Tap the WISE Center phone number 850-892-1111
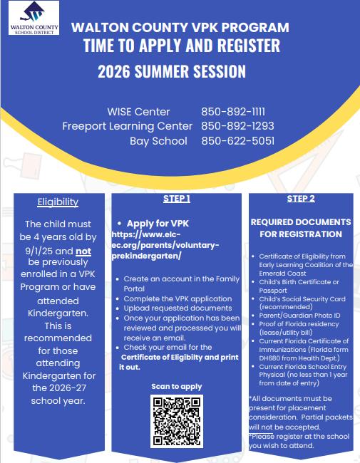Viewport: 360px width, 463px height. coord(233,112)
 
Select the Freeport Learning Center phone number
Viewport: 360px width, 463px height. coord(237,126)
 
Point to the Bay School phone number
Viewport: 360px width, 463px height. coord(237,141)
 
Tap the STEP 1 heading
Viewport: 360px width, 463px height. coord(176,199)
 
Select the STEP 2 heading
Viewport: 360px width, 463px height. coord(301,199)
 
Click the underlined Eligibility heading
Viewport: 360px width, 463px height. coord(58,202)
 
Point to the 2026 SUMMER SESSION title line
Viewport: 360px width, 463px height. coord(172,72)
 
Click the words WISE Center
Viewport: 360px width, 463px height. coord(138,112)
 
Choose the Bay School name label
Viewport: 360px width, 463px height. coord(158,141)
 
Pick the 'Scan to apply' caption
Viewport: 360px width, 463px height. coord(176,387)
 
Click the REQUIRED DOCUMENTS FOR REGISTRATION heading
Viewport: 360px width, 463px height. coord(301,228)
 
